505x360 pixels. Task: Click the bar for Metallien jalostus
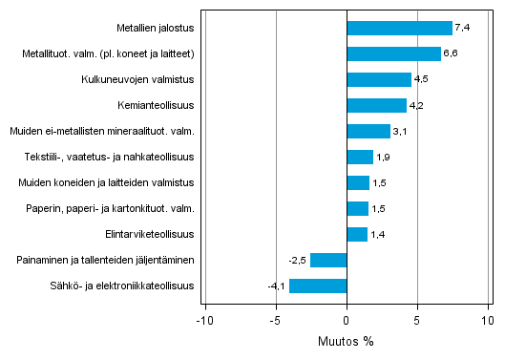[x=399, y=28]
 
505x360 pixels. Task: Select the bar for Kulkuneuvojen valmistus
[x=379, y=79]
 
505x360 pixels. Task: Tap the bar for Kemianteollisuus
[x=376, y=105]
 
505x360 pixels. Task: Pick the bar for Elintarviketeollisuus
[x=357, y=234]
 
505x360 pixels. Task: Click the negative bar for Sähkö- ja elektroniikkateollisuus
[x=318, y=286]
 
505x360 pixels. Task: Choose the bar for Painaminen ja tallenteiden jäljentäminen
[x=328, y=260]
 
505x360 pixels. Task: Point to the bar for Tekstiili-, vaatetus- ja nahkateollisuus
[x=360, y=157]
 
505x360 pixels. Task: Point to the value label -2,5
[x=298, y=261]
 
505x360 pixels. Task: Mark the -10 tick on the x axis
[x=204, y=320]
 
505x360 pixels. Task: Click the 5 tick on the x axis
[x=417, y=320]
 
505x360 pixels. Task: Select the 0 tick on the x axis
[x=347, y=320]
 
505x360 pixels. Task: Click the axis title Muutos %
[x=347, y=342]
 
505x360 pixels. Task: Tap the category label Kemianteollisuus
[x=158, y=105]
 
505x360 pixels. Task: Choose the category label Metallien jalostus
[x=157, y=28]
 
